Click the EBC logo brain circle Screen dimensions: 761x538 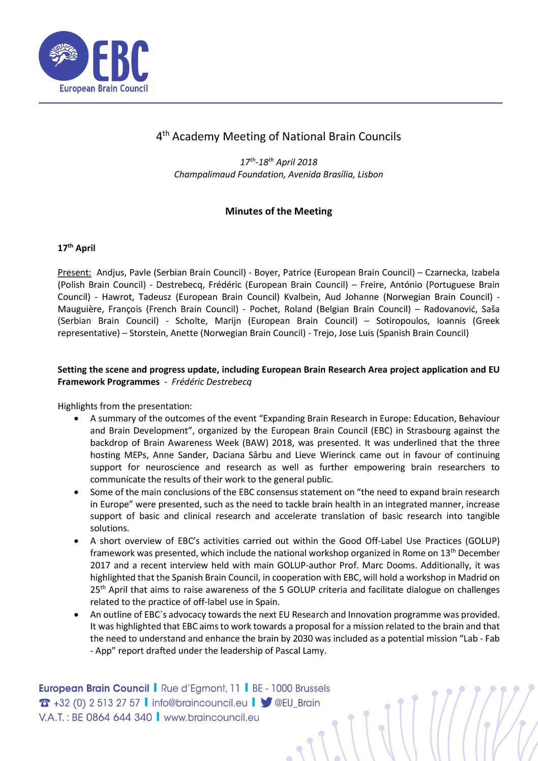pos(64,56)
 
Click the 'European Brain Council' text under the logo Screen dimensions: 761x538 pos(103,88)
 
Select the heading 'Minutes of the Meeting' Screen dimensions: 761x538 pos(279,211)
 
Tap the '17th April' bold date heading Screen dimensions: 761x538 pos(76,248)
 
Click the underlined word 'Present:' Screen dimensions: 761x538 pos(74,272)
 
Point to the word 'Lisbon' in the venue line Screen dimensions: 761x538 pos(370,174)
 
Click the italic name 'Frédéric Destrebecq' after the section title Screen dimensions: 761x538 pos(212,382)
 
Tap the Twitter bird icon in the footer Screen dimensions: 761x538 pos(266,703)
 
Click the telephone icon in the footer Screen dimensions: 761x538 pos(45,703)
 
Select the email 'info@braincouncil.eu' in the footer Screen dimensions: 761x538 pos(199,703)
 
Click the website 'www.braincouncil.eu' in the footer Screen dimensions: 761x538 pos(212,717)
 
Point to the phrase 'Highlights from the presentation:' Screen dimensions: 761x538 pos(125,406)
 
